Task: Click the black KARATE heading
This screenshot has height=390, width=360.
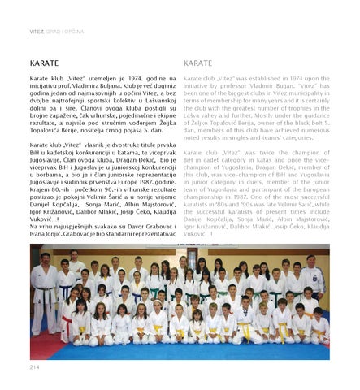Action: tap(40, 63)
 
